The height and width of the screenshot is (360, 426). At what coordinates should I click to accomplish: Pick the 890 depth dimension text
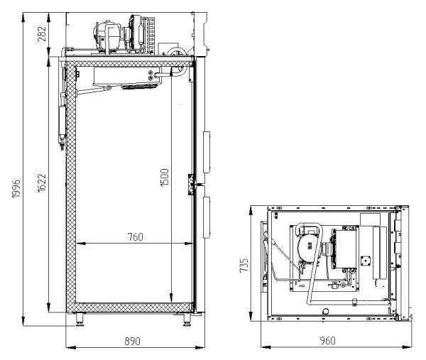[x=132, y=342]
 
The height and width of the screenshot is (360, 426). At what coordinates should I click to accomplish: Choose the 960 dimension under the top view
[x=327, y=342]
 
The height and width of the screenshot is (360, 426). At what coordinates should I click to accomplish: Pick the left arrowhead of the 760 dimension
[x=77, y=244]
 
